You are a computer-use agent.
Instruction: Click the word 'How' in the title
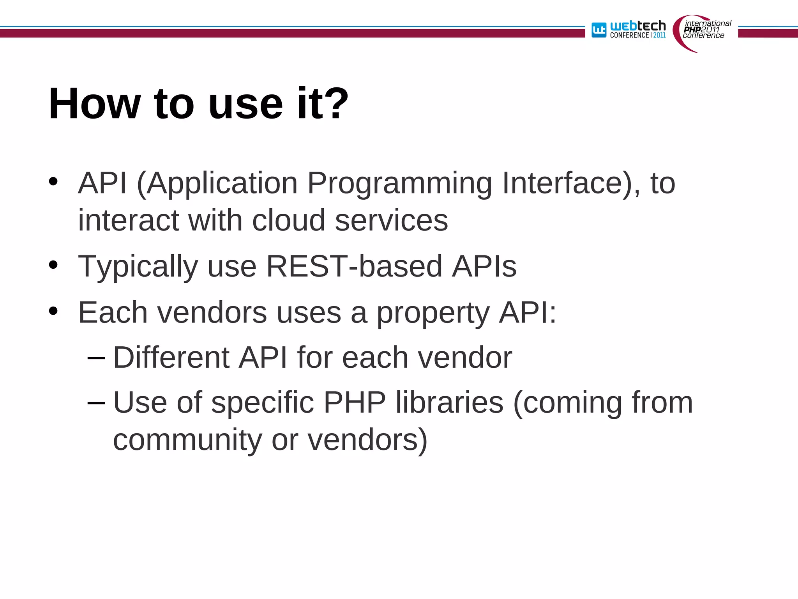coord(94,104)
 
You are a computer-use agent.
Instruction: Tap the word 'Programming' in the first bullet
coord(400,183)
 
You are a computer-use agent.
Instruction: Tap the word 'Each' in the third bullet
coord(113,312)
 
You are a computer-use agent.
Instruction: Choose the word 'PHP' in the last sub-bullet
coord(355,402)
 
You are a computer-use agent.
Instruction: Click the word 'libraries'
coord(450,402)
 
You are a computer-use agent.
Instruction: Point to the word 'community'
coord(187,440)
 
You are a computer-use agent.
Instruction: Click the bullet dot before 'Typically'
coord(53,265)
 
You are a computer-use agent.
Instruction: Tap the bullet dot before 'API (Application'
coord(53,182)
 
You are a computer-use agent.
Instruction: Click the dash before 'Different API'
coord(96,357)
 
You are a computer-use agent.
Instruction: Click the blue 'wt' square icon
coord(599,30)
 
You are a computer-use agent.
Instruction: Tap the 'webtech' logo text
coord(638,26)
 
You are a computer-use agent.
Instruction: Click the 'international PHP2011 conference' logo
coord(703,31)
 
